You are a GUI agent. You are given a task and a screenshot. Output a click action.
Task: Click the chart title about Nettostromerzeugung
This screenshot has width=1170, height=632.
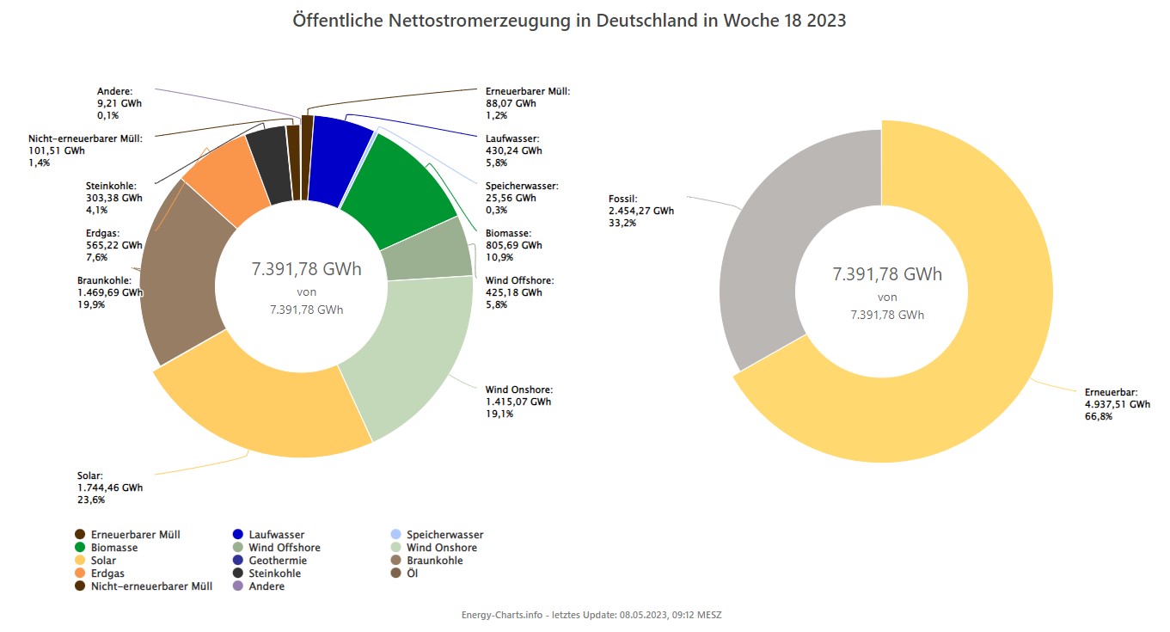click(x=569, y=21)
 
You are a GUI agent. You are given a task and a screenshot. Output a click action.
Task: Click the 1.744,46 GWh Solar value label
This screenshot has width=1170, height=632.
click(x=110, y=488)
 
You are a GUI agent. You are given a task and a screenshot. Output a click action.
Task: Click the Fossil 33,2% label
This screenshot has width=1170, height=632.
click(x=623, y=223)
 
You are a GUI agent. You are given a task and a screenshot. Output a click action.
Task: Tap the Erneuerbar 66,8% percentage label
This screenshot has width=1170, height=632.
click(x=1099, y=416)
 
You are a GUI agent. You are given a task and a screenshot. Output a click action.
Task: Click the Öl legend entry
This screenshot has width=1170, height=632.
click(x=412, y=574)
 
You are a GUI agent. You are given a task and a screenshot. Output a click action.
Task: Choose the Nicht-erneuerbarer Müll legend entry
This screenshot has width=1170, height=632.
click(x=151, y=586)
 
